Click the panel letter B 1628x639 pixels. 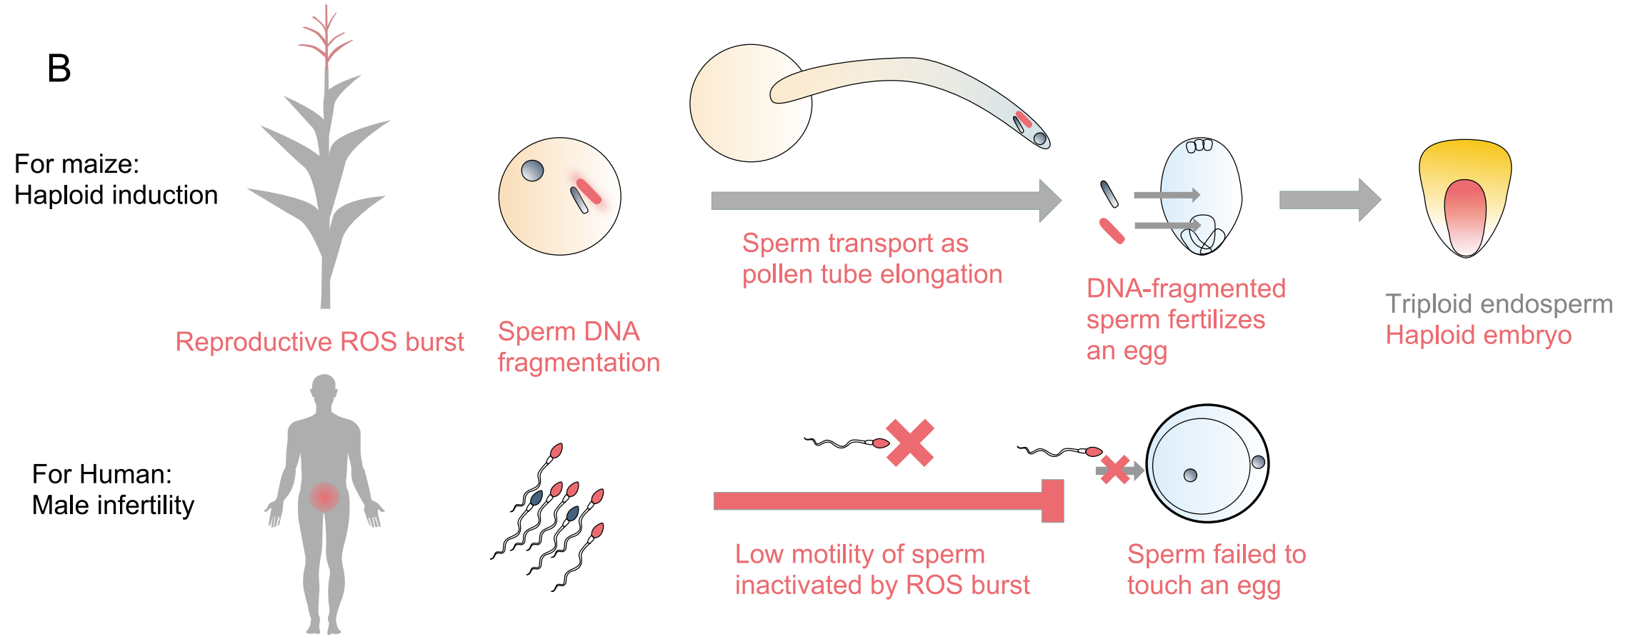[59, 69]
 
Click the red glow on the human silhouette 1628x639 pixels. [324, 496]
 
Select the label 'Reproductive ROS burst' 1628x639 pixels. [319, 342]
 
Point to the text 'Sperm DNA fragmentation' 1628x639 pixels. [578, 347]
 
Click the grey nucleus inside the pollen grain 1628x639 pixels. [532, 171]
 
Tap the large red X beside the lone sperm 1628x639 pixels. [910, 443]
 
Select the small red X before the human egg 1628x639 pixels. [1114, 470]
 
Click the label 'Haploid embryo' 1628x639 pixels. [1478, 336]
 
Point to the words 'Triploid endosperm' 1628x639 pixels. [1499, 304]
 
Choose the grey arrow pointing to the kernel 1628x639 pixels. [1329, 200]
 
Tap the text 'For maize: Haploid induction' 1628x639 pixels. [116, 179]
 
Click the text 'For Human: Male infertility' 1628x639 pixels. [113, 490]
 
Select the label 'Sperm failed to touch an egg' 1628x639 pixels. [1216, 570]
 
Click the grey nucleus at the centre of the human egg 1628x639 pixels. [1190, 476]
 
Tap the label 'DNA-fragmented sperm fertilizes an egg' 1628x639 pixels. [1185, 320]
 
